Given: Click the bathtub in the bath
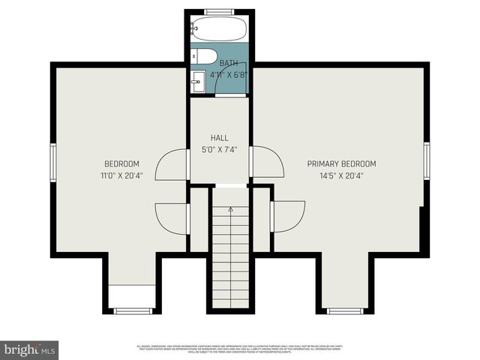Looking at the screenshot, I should pos(217,29).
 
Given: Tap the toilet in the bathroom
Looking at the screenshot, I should pos(202,56).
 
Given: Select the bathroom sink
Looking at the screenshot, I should pos(199,82).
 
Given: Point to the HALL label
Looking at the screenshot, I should pos(219,138).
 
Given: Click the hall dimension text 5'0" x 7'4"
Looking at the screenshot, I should pos(219,150).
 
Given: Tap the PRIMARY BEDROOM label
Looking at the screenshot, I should pos(341,163).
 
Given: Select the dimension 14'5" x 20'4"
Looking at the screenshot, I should pos(341,176).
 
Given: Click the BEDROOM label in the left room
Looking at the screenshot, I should pos(121,163).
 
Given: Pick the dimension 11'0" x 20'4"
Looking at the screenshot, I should pos(121,176).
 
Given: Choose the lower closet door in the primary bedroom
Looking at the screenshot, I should pos(289,216).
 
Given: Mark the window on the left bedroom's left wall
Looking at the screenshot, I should pos(52,163).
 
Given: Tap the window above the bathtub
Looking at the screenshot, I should pos(218,11).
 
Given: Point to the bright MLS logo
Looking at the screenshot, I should pos(30,349).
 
